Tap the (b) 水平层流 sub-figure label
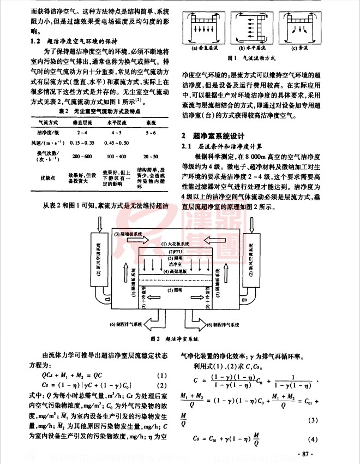pyautogui.click(x=251, y=47)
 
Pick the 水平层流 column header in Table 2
pyautogui.click(x=116, y=123)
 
